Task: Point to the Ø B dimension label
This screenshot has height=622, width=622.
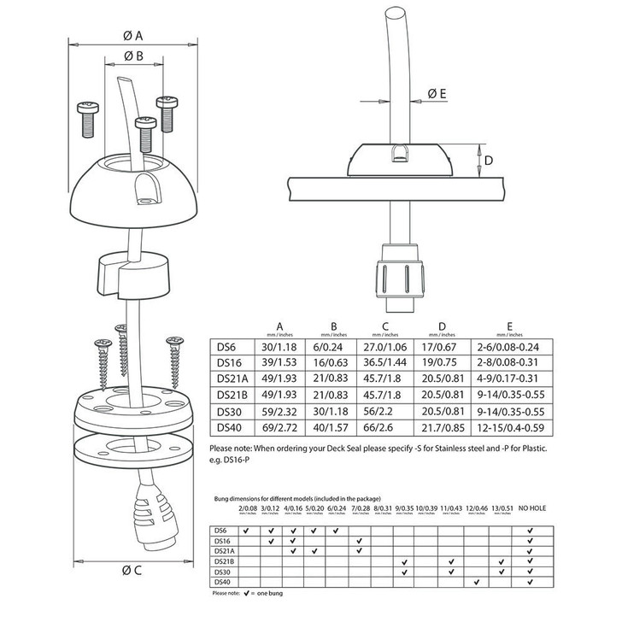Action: coord(132,56)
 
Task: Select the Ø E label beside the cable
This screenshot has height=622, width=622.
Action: coord(437,94)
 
